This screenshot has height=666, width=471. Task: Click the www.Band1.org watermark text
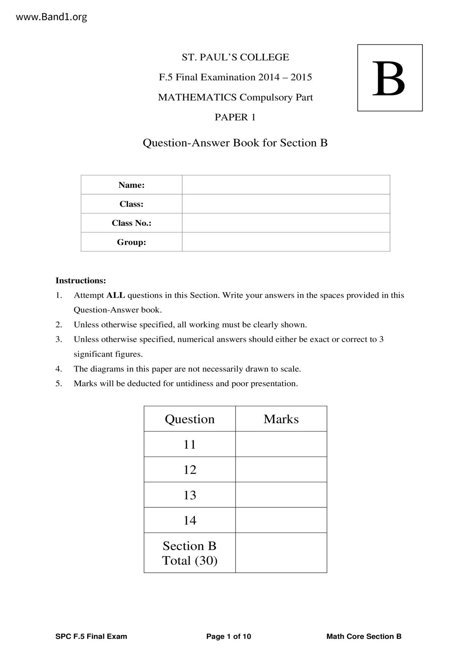[x=51, y=17]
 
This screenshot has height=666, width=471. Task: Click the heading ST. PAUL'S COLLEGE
[x=235, y=57]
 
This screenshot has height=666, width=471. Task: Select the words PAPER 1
[x=235, y=117]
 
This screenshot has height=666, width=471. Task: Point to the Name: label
[x=131, y=185]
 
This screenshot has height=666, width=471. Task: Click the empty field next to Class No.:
[x=286, y=223]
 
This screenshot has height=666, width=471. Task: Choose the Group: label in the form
[x=131, y=242]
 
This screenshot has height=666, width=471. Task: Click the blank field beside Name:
[x=286, y=185]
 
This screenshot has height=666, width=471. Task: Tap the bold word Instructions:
[x=81, y=281]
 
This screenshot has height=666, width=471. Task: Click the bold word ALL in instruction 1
[x=115, y=295]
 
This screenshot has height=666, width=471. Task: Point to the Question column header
[x=190, y=419]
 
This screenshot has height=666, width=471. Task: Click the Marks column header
[x=281, y=419]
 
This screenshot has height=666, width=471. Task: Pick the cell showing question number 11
[x=190, y=444]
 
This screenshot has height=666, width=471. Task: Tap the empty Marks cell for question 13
[x=281, y=495]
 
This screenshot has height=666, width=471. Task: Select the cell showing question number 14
[x=190, y=520]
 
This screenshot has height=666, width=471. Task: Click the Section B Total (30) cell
[x=190, y=553]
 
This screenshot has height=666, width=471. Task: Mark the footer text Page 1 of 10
[x=229, y=636]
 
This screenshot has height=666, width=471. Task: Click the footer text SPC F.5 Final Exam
[x=91, y=636]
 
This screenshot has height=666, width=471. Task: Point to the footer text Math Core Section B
[x=364, y=636]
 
